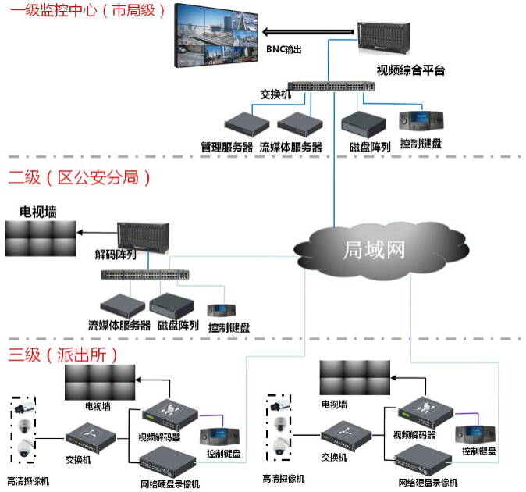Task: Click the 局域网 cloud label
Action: coord(375,250)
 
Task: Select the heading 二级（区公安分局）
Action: coord(80,178)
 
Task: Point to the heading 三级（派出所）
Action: coord(64,355)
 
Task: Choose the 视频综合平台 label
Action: coord(410,71)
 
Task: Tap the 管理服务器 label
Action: coord(227,146)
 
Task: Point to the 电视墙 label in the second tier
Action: coord(39,212)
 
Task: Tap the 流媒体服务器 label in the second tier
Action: coord(119,325)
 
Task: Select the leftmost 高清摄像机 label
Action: coord(28,481)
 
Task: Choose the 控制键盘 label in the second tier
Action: coord(229,327)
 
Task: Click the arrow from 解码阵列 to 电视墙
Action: coord(97,232)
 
